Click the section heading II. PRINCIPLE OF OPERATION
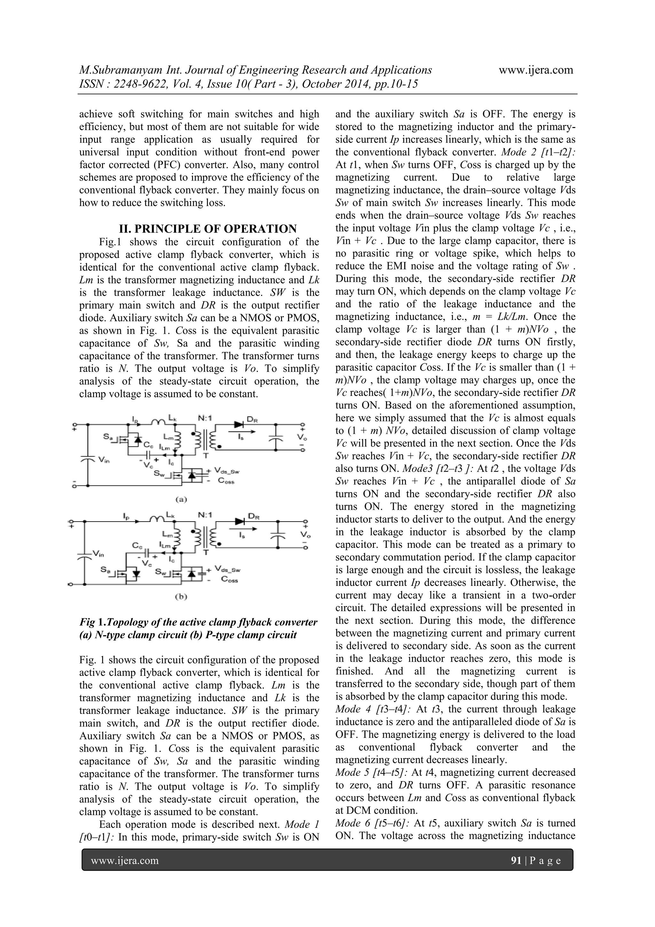208,229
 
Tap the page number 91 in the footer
516,860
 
